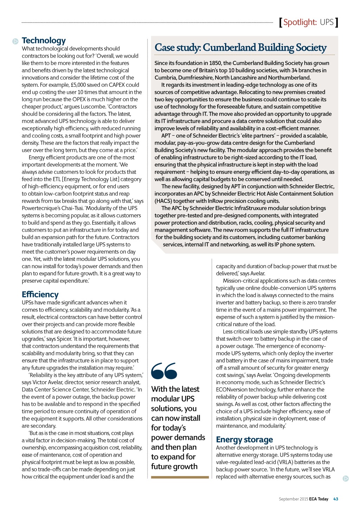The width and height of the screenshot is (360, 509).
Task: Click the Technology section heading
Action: click(x=44, y=40)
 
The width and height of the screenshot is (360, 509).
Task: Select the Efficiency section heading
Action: click(x=40, y=294)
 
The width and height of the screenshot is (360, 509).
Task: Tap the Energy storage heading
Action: click(x=244, y=439)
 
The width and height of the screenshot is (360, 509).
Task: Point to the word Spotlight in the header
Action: click(x=300, y=22)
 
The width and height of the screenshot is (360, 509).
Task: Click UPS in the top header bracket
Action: click(x=327, y=22)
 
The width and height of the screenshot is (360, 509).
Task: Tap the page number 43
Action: click(x=336, y=499)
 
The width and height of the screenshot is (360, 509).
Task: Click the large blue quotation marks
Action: click(x=164, y=371)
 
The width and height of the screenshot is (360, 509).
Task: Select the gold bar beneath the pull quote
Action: click(x=180, y=477)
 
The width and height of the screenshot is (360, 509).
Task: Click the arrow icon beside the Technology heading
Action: click(x=15, y=41)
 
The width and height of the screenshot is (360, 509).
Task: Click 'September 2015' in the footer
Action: click(x=294, y=499)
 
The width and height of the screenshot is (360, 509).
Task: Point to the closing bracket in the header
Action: click(x=336, y=22)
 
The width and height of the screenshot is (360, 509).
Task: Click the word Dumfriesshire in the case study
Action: click(x=195, y=77)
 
